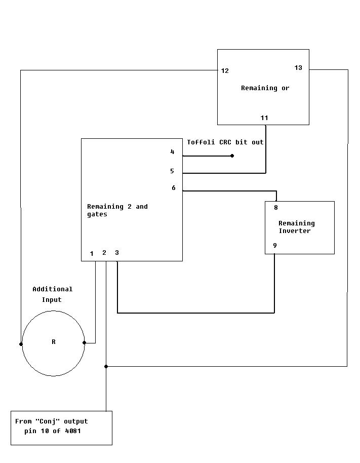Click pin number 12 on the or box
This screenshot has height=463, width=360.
pos(225,71)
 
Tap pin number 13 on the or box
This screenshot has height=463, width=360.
pos(298,68)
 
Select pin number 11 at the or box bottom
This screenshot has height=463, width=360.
pos(264,118)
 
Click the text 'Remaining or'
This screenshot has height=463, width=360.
pos(265,88)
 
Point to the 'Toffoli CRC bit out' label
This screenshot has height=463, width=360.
pos(225,142)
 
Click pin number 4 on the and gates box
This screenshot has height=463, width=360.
pos(172,152)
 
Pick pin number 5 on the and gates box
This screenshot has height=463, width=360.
pos(172,171)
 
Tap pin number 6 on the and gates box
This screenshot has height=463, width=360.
pos(173,188)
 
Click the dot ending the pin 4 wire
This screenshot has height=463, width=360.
pos(232,156)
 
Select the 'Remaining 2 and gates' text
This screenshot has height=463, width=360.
pos(117,210)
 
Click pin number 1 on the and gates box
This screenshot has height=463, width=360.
pos(92,254)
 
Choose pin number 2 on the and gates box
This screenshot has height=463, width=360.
pos(104,253)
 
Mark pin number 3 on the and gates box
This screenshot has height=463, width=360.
pos(117,253)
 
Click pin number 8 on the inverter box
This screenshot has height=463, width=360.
pos(276,208)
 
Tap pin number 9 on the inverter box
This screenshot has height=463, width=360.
pos(275,246)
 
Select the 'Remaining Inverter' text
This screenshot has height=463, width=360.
pos(296,227)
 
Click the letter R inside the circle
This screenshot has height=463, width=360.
pos(54,342)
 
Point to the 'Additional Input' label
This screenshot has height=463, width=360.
pos(52,294)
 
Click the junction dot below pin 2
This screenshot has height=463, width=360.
pos(106,366)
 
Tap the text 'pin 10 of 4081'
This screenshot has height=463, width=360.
pos(52,431)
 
